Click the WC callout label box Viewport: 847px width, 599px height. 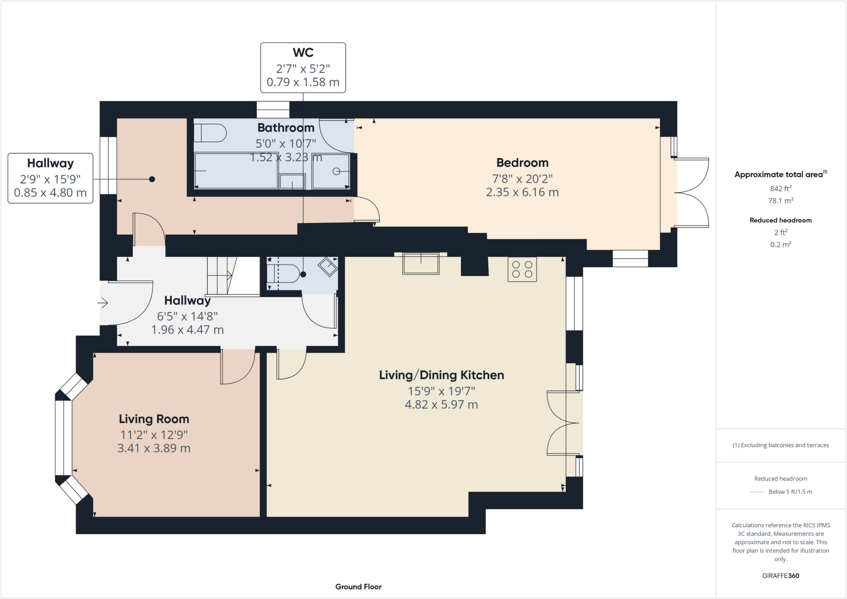pos(303,67)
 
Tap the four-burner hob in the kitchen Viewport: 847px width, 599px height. pos(522,270)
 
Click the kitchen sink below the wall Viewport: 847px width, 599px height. pos(421,264)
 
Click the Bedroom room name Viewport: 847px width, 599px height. pos(522,162)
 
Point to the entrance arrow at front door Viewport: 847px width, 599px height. pos(103,303)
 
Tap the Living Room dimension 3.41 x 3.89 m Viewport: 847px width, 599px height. pos(154,449)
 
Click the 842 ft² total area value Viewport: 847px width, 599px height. pos(780,189)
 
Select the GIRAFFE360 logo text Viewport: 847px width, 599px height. pos(780,575)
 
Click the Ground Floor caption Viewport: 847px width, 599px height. pos(358,587)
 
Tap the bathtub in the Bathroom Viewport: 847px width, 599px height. pos(236,171)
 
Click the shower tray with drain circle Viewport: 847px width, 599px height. pos(331,171)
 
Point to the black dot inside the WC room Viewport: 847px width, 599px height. pos(303,274)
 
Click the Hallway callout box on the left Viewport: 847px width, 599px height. pos(50,178)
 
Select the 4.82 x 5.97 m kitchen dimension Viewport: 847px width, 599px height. pos(441,404)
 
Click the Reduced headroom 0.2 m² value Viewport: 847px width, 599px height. pos(780,244)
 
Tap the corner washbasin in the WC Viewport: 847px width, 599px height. pos(328,267)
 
